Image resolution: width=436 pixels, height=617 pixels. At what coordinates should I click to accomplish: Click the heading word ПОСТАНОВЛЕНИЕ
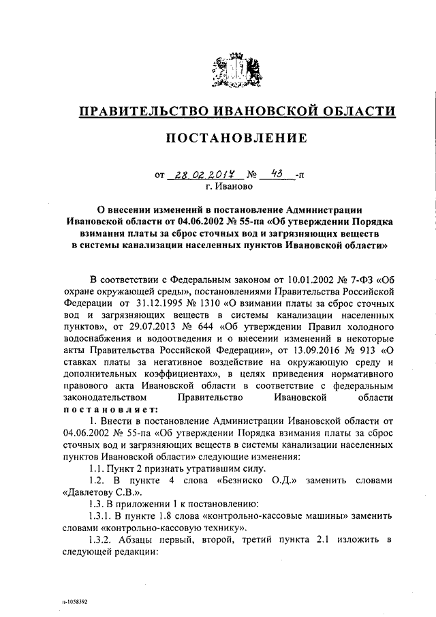point(236,138)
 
